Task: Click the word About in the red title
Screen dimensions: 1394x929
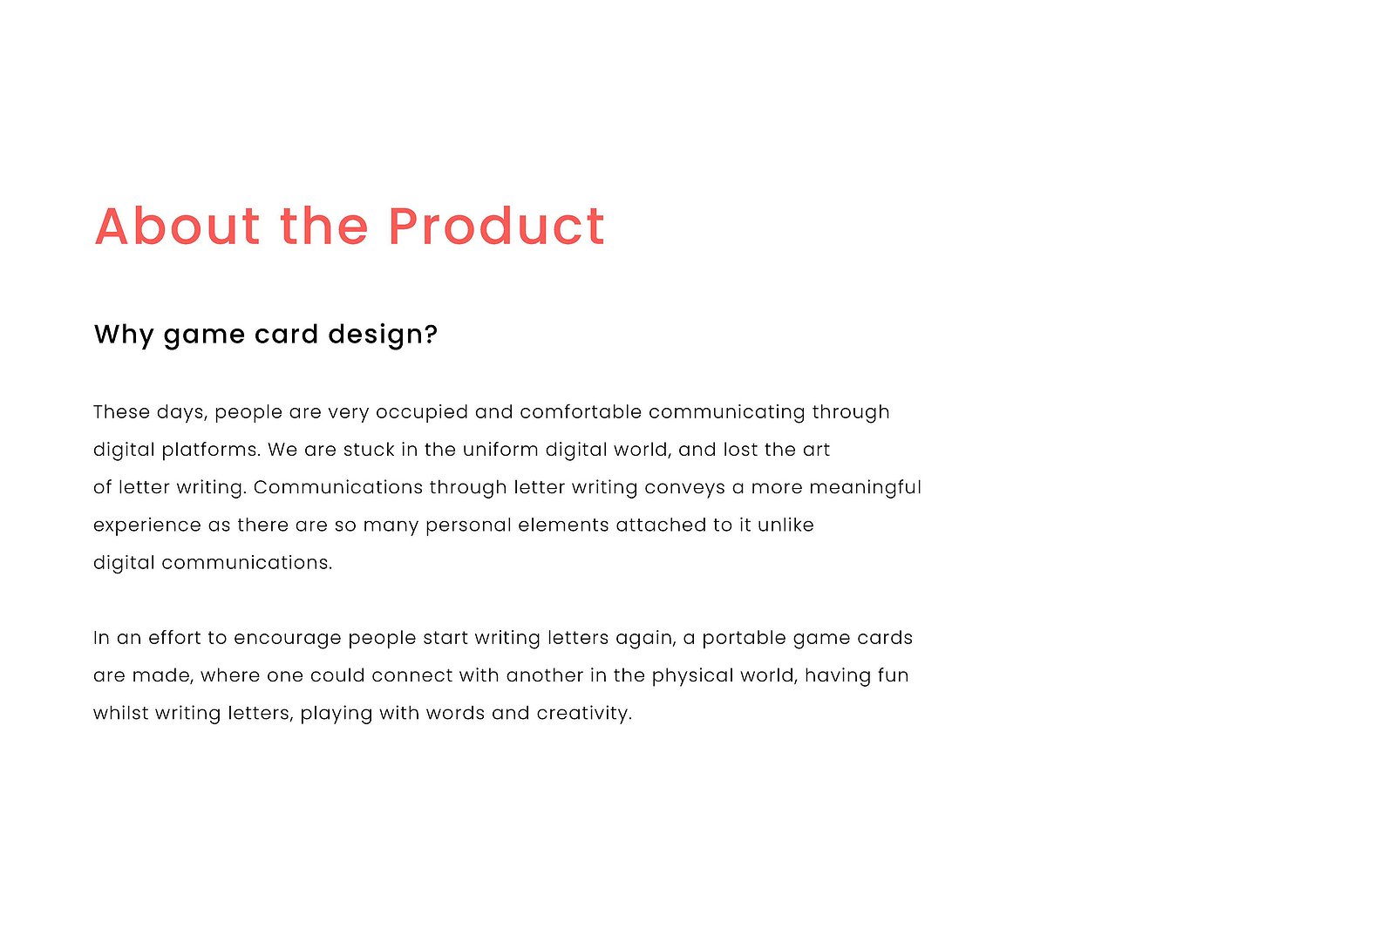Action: pos(177,226)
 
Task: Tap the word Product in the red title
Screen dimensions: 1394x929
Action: pos(496,226)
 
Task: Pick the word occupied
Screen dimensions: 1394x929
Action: pos(421,413)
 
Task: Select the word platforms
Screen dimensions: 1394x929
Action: pos(211,450)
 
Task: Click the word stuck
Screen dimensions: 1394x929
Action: pos(369,450)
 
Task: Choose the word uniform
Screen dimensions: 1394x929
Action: pos(500,450)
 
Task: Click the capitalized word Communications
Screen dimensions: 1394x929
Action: pos(338,487)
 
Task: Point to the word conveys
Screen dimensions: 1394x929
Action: pos(684,488)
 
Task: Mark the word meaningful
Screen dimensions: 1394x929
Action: pos(865,488)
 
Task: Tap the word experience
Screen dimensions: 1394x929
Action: pos(147,526)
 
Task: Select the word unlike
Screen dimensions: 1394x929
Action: pos(785,525)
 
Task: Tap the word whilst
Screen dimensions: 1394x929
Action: pos(120,713)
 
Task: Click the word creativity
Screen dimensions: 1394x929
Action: pos(584,714)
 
